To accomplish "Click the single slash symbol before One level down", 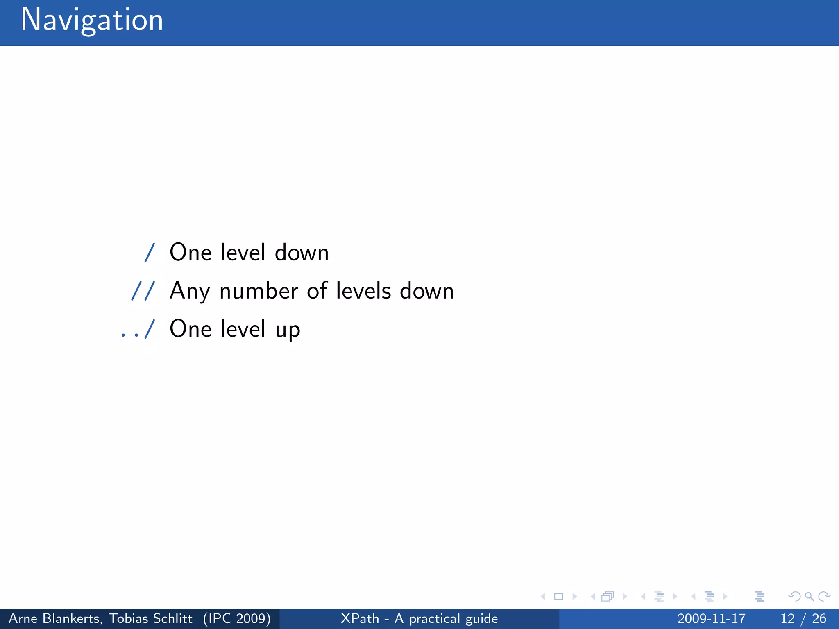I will click(150, 252).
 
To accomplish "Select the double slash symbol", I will click(143, 291).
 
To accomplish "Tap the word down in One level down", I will click(302, 252).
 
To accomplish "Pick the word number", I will click(259, 291).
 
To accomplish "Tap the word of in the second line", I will click(317, 291).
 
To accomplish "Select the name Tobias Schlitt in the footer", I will click(150, 618).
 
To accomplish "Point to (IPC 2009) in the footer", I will click(237, 618).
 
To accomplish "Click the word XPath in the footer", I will click(360, 618).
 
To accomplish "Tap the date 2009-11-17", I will click(711, 618).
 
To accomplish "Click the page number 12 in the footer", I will click(787, 618).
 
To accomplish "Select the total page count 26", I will click(819, 618).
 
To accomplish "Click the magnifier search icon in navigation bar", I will click(809, 596).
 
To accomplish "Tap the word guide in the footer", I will click(482, 619).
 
